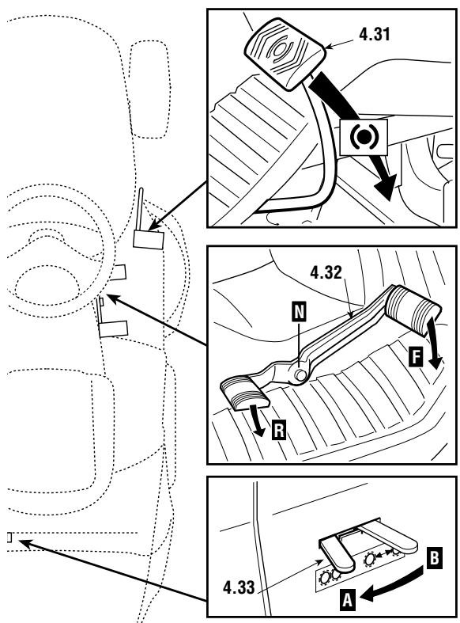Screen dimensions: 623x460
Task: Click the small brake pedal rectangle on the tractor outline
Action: pos(148,238)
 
